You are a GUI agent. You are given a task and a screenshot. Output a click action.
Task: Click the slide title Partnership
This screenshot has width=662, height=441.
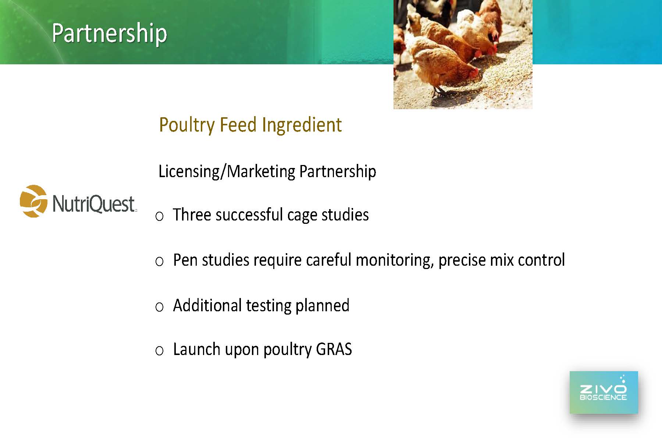click(109, 33)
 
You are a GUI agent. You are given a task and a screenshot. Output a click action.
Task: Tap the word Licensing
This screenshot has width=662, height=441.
click(189, 172)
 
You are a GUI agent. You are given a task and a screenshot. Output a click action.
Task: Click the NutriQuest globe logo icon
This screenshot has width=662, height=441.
click(33, 201)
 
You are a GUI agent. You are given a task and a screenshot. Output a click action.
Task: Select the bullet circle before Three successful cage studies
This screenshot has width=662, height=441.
click(159, 216)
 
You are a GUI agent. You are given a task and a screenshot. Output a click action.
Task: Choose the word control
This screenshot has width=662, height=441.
click(541, 260)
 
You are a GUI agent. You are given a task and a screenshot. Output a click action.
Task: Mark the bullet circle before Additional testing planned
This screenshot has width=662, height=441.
click(159, 307)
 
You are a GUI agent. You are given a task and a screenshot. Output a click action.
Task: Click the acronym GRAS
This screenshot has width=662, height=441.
click(334, 349)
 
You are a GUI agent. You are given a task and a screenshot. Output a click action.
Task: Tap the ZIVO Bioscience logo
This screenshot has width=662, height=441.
click(604, 392)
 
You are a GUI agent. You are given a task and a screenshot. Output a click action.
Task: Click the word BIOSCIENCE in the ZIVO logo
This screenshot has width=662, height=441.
click(603, 397)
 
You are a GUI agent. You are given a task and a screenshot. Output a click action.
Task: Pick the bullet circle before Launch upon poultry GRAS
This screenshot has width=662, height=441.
click(159, 351)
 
